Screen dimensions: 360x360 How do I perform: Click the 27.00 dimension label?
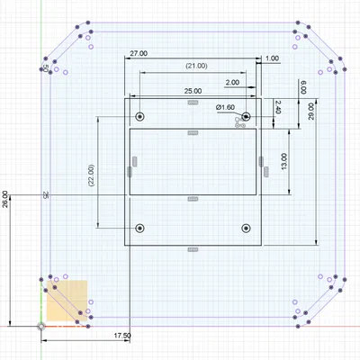139,54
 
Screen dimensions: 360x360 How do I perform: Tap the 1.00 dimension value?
273,58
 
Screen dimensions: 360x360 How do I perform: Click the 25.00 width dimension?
192,92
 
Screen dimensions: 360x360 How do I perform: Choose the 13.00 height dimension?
284,163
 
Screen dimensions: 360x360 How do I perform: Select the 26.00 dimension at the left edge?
7,199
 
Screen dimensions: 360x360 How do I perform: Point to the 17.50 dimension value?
123,336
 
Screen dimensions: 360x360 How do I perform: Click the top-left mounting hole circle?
139,117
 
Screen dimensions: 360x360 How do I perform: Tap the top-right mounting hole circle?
245,117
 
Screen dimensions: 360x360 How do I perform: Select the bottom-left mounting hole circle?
139,229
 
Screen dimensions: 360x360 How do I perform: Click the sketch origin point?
40,325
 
